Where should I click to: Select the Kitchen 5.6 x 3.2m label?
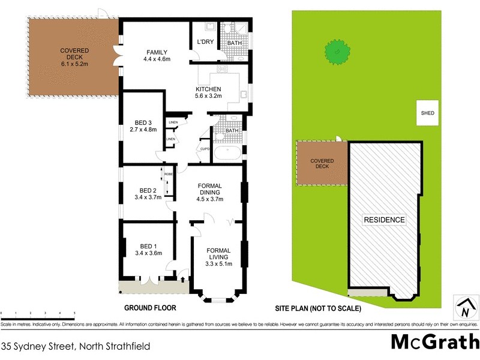pyautogui.click(x=208, y=92)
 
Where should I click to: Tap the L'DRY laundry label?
pyautogui.click(x=205, y=43)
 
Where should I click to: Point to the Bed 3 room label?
pyautogui.click(x=144, y=126)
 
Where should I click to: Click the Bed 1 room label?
pyautogui.click(x=147, y=249)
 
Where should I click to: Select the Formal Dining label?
pyautogui.click(x=210, y=193)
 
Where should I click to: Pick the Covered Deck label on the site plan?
pyautogui.click(x=323, y=164)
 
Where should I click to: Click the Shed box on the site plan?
pyautogui.click(x=427, y=113)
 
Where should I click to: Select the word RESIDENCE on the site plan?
pyautogui.click(x=385, y=220)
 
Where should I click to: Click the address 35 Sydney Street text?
pyautogui.click(x=75, y=346)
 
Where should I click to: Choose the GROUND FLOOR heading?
pyautogui.click(x=149, y=308)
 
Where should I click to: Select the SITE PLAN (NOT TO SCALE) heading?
pyautogui.click(x=317, y=309)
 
